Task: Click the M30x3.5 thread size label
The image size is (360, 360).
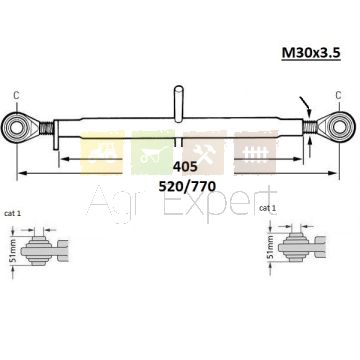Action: (x=311, y=53)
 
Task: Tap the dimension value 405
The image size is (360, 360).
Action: (x=185, y=167)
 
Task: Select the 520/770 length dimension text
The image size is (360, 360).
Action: (x=187, y=186)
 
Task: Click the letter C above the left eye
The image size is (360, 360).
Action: (x=16, y=95)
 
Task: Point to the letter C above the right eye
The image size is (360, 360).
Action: (x=338, y=95)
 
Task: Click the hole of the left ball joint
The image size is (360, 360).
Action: (x=16, y=128)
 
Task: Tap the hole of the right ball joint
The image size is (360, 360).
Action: (x=339, y=127)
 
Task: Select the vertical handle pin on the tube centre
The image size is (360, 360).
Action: (x=179, y=103)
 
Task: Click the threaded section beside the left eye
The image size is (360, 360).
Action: (x=46, y=128)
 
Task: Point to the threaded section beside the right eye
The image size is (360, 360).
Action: (x=310, y=127)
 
